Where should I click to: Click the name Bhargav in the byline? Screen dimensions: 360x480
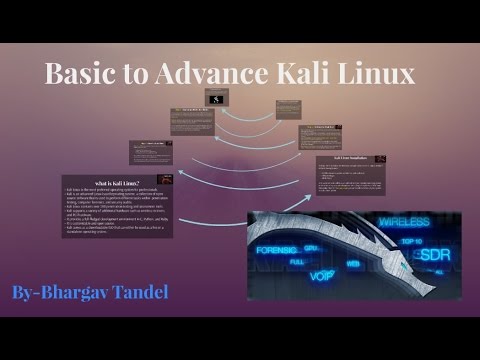coord(94,293)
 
